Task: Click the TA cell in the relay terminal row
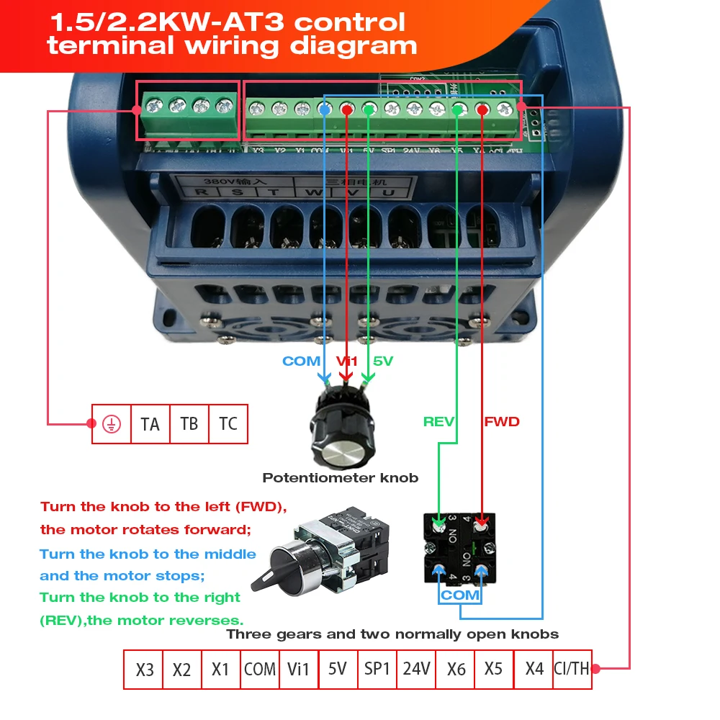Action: [x=150, y=423]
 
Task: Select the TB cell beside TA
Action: [x=189, y=423]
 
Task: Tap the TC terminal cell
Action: [x=228, y=423]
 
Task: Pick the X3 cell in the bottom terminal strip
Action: [x=145, y=670]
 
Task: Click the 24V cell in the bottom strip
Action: [x=417, y=669]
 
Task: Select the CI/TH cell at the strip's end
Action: [x=572, y=669]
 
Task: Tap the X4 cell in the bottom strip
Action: [x=534, y=669]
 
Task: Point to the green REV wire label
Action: [x=438, y=421]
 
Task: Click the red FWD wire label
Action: [x=502, y=421]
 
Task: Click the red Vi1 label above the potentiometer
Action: [x=347, y=361]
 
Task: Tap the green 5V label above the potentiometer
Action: [x=383, y=361]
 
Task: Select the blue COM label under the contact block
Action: [x=461, y=595]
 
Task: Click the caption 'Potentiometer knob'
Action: [x=340, y=477]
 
